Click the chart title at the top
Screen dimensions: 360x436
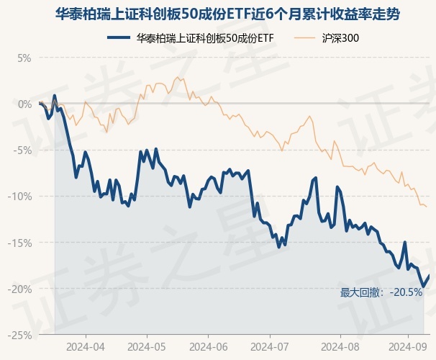[218, 14]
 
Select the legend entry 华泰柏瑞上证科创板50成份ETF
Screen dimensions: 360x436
[205, 37]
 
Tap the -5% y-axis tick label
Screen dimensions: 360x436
[22, 150]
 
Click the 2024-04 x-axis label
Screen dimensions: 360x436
[85, 346]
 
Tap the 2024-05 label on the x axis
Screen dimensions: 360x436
[147, 346]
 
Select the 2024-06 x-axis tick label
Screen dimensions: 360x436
[208, 346]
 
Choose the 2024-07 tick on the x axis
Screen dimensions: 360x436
[269, 346]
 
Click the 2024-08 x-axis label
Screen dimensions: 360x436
[330, 346]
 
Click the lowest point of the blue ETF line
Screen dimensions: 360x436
[423, 287]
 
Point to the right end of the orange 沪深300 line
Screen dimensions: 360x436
[427, 207]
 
